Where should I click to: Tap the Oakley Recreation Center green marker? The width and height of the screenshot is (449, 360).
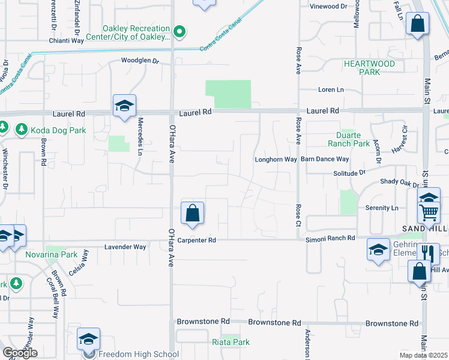click(179, 31)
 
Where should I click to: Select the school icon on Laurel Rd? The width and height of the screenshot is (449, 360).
click(124, 106)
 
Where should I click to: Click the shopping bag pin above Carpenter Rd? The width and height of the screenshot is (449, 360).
click(192, 214)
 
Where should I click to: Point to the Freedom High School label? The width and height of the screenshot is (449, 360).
click(138, 354)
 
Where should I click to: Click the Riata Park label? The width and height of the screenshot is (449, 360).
click(231, 342)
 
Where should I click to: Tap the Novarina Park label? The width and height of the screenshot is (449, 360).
click(52, 254)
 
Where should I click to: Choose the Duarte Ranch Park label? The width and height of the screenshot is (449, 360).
click(349, 139)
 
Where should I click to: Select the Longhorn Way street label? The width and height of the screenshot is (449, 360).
click(276, 160)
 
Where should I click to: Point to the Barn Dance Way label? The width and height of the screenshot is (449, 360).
click(325, 160)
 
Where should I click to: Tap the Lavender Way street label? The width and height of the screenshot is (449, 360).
click(125, 247)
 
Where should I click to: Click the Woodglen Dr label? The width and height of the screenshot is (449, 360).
click(139, 61)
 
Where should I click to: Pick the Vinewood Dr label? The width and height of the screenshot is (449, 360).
click(328, 7)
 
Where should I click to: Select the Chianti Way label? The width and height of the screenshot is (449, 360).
click(67, 42)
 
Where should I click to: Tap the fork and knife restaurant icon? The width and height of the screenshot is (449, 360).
click(430, 253)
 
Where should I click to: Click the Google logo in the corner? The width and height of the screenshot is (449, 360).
click(20, 353)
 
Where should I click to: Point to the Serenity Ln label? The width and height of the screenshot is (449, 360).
click(382, 208)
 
